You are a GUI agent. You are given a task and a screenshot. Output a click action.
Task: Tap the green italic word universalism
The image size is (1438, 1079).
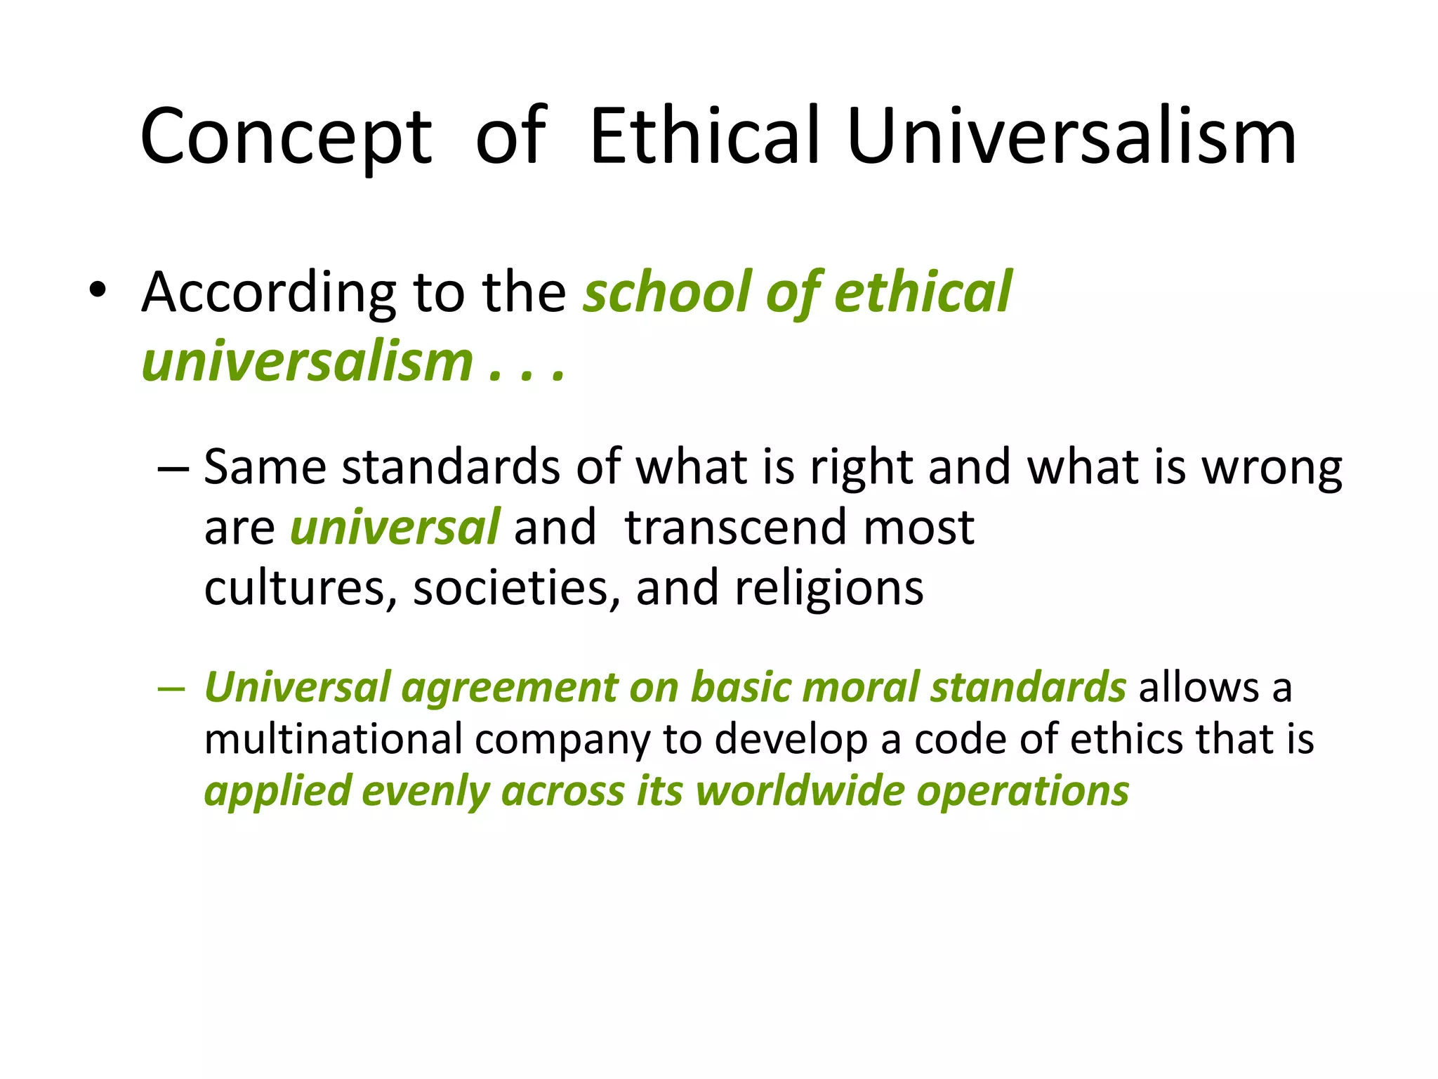(308, 362)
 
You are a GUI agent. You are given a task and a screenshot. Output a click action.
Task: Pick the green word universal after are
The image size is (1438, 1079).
(395, 527)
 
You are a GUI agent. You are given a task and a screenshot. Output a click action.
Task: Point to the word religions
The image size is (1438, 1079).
(829, 589)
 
